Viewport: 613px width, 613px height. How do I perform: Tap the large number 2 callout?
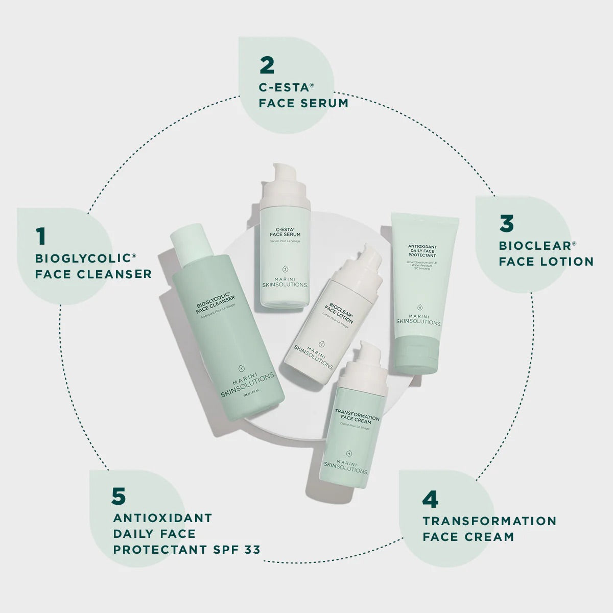point(267,65)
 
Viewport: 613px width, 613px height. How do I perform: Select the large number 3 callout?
point(506,224)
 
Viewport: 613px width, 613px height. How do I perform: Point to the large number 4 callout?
point(430,499)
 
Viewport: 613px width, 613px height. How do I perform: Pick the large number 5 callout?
point(118,496)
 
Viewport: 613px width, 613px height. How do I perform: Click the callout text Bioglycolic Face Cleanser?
point(93,266)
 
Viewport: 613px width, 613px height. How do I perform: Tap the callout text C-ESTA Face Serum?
point(303,95)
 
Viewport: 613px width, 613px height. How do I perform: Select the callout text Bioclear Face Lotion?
point(546,253)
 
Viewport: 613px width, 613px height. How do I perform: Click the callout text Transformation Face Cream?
point(489,529)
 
